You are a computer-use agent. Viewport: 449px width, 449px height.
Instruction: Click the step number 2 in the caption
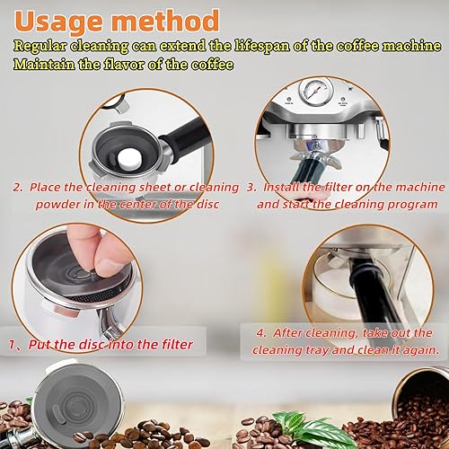point(16,188)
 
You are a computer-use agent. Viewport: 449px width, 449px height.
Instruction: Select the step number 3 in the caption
point(251,188)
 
